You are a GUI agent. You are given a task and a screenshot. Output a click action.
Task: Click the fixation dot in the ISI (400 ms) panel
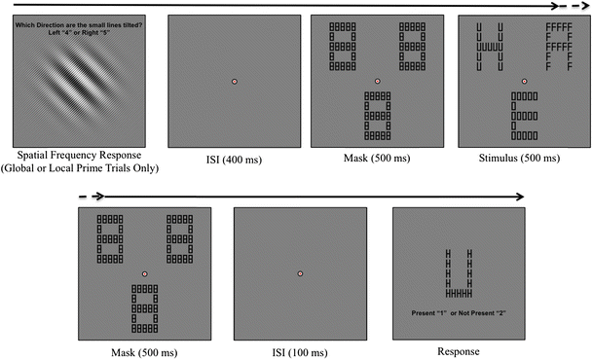coord(235,81)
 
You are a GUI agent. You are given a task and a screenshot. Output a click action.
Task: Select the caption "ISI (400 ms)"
coord(234,159)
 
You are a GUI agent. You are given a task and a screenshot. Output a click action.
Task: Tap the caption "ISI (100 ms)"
coord(301,351)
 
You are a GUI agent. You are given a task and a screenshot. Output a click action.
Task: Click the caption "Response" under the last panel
coord(459,351)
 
